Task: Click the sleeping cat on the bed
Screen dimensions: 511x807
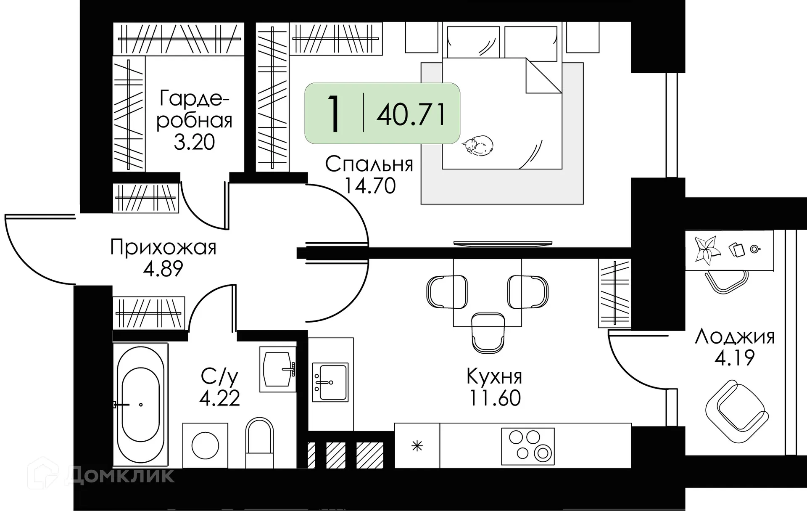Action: [x=478, y=146]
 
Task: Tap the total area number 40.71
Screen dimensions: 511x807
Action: [x=411, y=114]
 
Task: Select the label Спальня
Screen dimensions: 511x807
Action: [x=369, y=164]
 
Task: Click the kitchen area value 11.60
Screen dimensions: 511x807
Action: [x=495, y=398]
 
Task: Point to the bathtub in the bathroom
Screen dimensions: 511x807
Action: [x=140, y=405]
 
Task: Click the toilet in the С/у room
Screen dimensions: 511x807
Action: [x=259, y=442]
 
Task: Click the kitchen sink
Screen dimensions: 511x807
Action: [x=330, y=382]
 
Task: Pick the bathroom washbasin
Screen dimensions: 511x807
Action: [x=277, y=369]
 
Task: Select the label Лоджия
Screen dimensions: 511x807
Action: [x=734, y=337]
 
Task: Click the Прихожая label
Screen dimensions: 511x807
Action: [x=163, y=247]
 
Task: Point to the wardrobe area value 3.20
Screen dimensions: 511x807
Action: [x=194, y=142]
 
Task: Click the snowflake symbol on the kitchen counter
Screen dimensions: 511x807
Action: [x=417, y=446]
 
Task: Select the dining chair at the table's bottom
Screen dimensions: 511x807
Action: [x=488, y=332]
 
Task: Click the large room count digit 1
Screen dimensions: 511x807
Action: [x=334, y=114]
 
